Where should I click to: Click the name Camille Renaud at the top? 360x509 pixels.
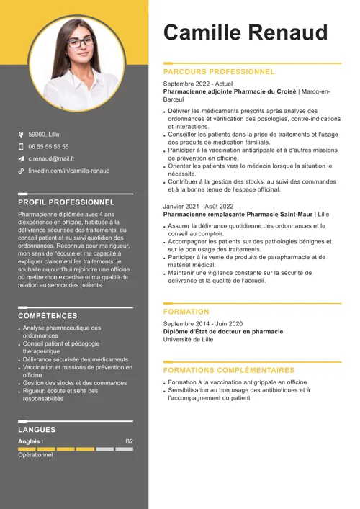[246, 32]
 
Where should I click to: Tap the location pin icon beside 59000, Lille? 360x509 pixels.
[22, 135]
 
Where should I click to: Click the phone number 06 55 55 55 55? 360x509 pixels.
[49, 146]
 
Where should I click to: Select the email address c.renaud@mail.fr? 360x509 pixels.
[51, 158]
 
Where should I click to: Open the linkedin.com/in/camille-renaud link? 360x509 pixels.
[69, 171]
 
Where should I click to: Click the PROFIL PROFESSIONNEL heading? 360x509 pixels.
[66, 202]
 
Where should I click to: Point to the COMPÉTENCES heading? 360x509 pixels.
[48, 315]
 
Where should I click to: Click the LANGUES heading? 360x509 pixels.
[37, 430]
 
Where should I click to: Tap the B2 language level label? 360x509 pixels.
[129, 441]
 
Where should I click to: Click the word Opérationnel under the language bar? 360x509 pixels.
[35, 455]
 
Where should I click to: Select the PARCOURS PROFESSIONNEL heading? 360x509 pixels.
[219, 72]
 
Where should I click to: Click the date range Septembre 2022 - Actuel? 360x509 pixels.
[198, 84]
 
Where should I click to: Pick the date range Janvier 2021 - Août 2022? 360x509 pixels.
[198, 206]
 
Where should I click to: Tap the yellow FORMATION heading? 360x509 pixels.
[186, 312]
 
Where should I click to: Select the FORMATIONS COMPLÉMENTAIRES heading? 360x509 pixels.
[229, 370]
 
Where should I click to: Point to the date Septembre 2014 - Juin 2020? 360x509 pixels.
[203, 324]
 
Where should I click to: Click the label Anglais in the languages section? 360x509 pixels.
[30, 441]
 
